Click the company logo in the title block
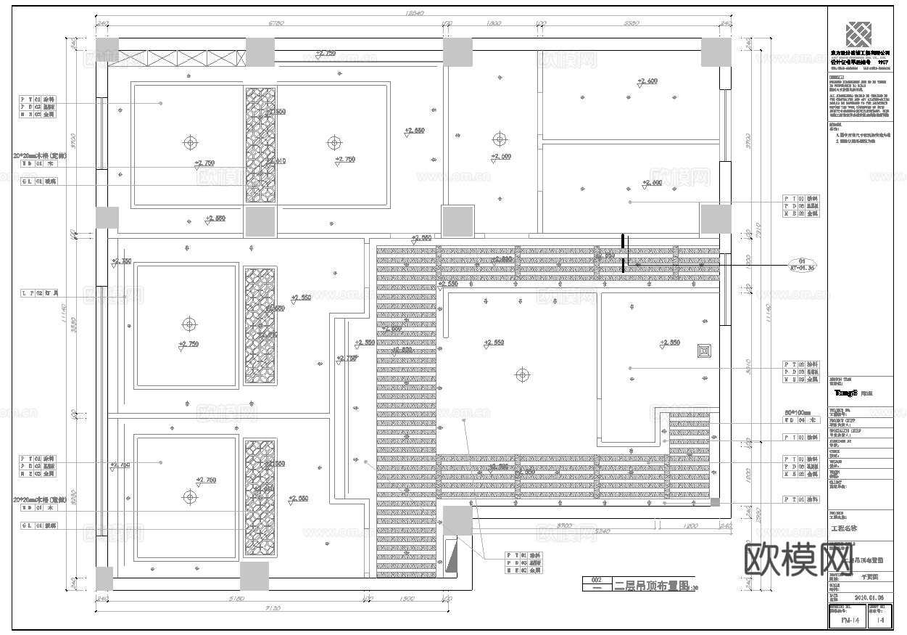pyautogui.click(x=860, y=34)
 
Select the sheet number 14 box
pyautogui.click(x=880, y=620)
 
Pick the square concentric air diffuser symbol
pyautogui.click(x=703, y=351)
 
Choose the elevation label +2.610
pyautogui.click(x=276, y=161)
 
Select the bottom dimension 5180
pyautogui.click(x=233, y=599)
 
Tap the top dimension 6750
pyautogui.click(x=276, y=24)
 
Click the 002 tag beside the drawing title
pyautogui.click(x=596, y=581)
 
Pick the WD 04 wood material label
pyautogui.click(x=796, y=420)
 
